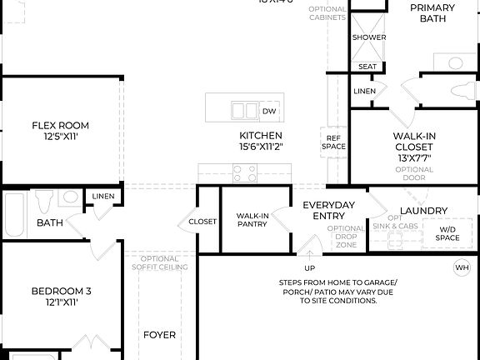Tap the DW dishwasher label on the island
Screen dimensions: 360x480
pyautogui.click(x=269, y=111)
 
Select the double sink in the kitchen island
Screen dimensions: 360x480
pyautogui.click(x=244, y=110)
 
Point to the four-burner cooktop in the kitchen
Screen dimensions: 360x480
pyautogui.click(x=244, y=173)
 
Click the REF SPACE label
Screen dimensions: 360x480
pyautogui.click(x=333, y=142)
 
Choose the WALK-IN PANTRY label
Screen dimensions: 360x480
pyautogui.click(x=252, y=219)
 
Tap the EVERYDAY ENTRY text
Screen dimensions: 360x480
pyautogui.click(x=328, y=210)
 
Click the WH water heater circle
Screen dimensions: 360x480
pyautogui.click(x=462, y=267)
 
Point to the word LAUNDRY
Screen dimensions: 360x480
pyautogui.click(x=423, y=211)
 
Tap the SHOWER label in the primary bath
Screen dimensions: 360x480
pyautogui.click(x=368, y=37)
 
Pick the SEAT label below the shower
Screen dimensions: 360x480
pyautogui.click(x=367, y=67)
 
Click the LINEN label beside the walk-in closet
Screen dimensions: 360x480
pyautogui.click(x=364, y=91)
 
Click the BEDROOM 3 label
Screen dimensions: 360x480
pyautogui.click(x=61, y=297)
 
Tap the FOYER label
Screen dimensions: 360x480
pyautogui.click(x=159, y=335)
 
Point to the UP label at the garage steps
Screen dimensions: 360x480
pyautogui.click(x=309, y=267)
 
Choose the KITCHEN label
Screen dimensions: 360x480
pyautogui.click(x=261, y=140)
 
